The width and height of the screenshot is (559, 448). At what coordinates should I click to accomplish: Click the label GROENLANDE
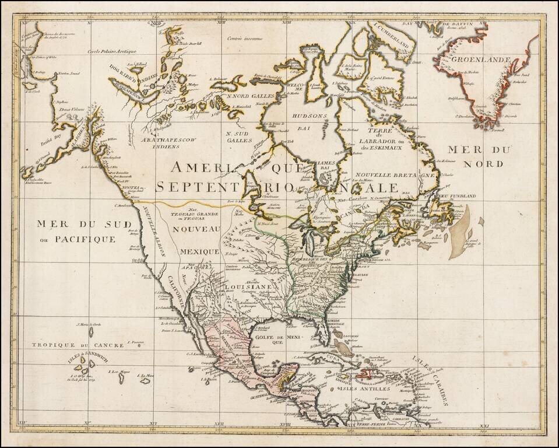click(x=484, y=60)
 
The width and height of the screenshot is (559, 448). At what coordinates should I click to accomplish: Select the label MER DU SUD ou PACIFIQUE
click(x=73, y=230)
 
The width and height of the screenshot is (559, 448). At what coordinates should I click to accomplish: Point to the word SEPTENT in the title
click(x=192, y=187)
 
